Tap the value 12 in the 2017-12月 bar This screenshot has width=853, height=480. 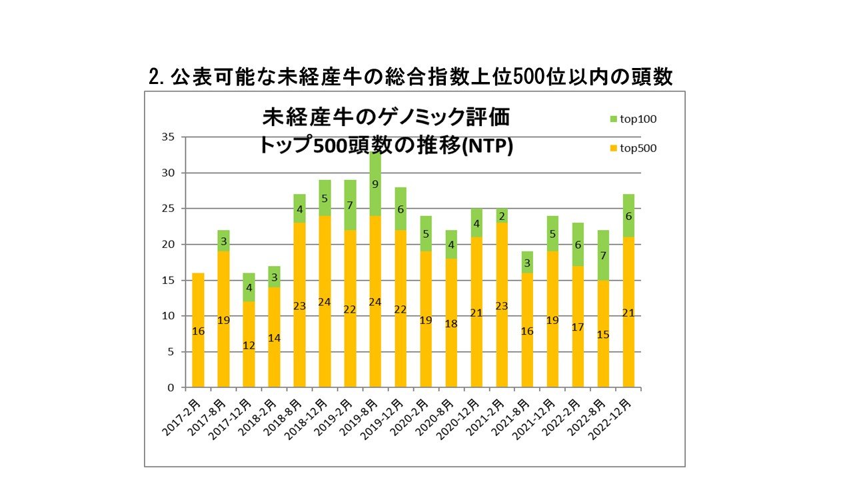pos(249,345)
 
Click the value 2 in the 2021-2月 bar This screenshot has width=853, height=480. pos(502,215)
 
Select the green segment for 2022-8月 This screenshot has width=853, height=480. pos(603,255)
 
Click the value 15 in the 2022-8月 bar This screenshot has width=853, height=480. pos(603,335)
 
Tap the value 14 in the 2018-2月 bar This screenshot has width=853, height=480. pos(274,338)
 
